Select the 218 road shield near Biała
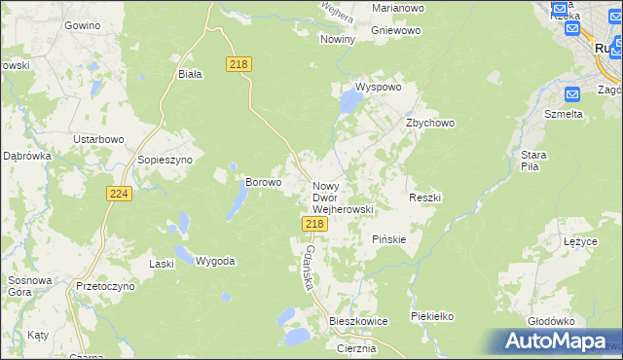click(x=238, y=63)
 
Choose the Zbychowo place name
click(x=430, y=124)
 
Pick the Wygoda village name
click(x=215, y=261)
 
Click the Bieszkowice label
click(x=358, y=320)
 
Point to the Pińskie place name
click(x=389, y=238)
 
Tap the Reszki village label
click(x=425, y=198)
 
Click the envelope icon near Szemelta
click(x=571, y=93)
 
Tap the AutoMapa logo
click(x=560, y=341)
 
